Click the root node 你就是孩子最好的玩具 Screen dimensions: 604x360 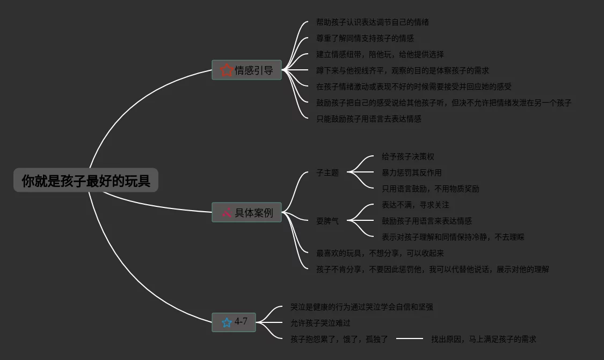(86, 181)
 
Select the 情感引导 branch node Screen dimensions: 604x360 (247, 70)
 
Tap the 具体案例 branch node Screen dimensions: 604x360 (247, 213)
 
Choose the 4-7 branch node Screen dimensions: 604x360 (234, 322)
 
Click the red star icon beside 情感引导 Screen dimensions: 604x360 (227, 70)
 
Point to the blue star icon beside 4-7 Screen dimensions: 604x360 (227, 322)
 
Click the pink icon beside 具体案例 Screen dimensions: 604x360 (227, 212)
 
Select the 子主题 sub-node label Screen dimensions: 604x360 (328, 172)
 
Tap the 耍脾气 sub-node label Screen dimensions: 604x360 (328, 221)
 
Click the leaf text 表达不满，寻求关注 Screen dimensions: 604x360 (416, 205)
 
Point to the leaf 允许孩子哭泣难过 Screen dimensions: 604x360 (321, 323)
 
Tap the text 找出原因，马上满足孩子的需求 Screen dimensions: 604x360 (484, 339)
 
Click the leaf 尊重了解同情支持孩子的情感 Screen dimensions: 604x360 (365, 38)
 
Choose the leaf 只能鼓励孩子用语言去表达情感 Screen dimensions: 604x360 (369, 119)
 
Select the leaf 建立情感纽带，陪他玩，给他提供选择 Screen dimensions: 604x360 (380, 54)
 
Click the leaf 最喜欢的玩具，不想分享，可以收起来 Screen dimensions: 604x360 (380, 253)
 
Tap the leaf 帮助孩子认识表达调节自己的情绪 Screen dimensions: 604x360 (373, 22)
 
